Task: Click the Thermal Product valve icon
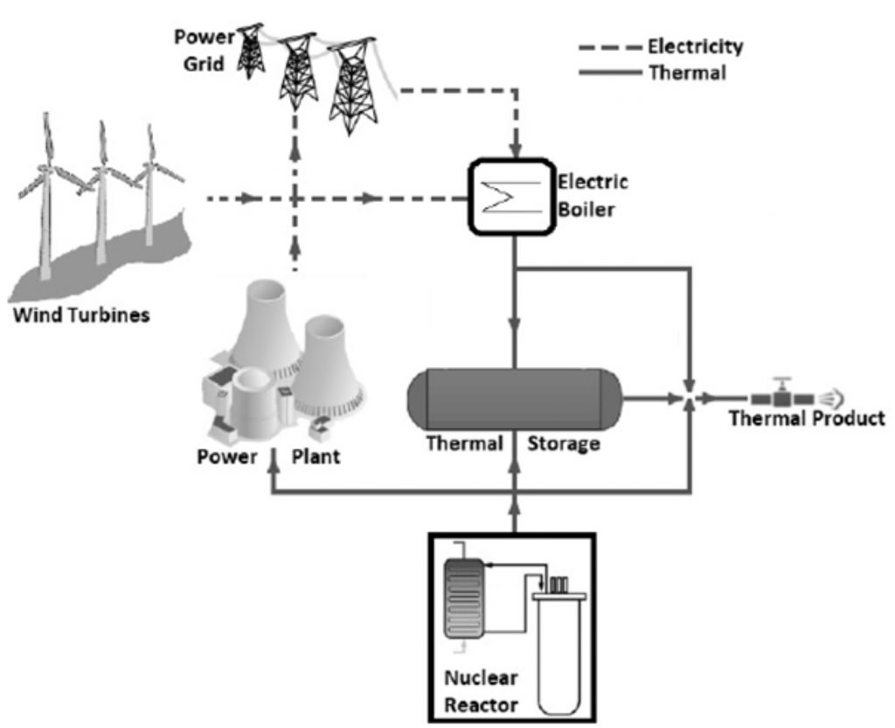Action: click(x=780, y=396)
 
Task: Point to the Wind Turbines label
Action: click(x=80, y=315)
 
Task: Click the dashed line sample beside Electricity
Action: click(x=609, y=46)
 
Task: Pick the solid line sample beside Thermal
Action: click(x=609, y=73)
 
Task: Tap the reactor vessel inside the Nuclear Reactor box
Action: click(x=560, y=642)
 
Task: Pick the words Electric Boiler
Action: click(x=593, y=198)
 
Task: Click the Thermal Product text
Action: click(x=806, y=419)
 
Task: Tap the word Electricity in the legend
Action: click(x=695, y=46)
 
